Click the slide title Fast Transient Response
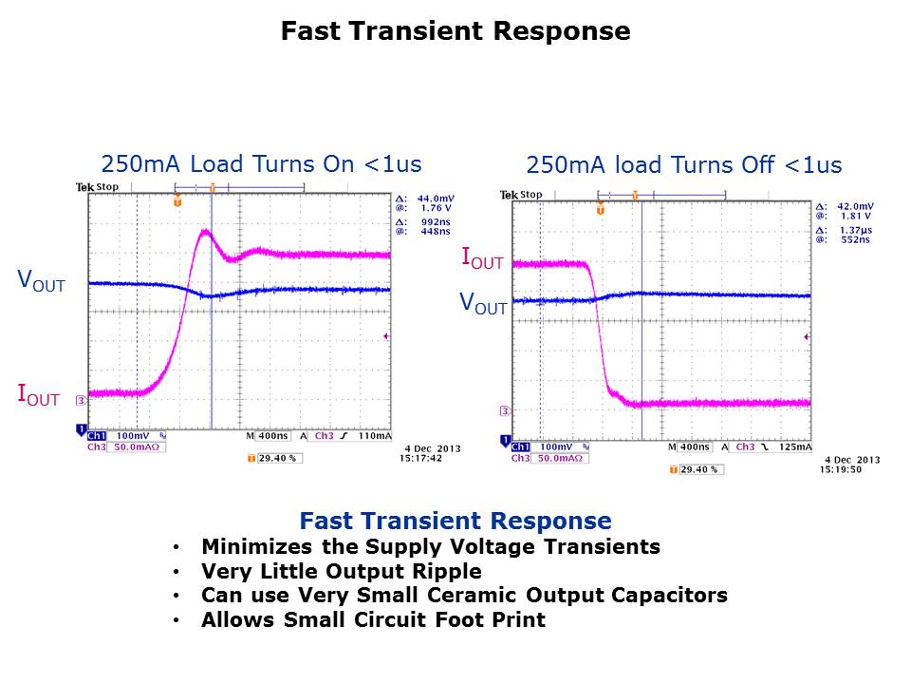click(x=455, y=31)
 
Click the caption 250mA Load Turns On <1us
click(x=261, y=162)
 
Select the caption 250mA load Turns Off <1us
click(x=683, y=165)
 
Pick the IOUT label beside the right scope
click(x=482, y=256)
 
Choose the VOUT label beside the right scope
click(x=483, y=303)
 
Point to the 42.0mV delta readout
click(x=857, y=206)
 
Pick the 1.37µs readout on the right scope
click(x=857, y=230)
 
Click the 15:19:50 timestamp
click(x=844, y=468)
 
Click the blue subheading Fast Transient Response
click(x=455, y=521)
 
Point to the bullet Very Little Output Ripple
click(x=341, y=572)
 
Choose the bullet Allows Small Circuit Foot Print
click(x=373, y=620)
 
